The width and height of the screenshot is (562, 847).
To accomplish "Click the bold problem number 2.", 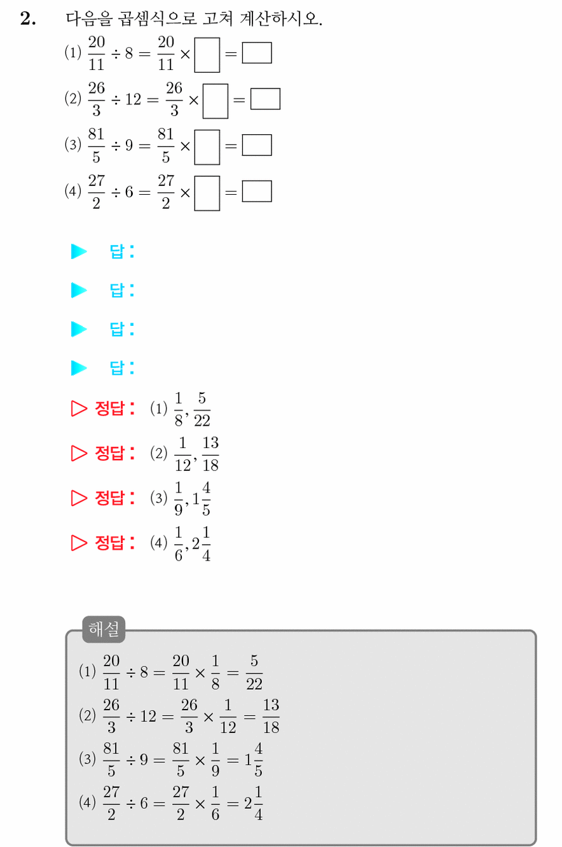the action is (x=28, y=18).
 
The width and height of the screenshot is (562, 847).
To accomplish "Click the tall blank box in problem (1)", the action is (x=207, y=55).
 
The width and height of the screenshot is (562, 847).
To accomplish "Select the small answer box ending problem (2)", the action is (x=266, y=99).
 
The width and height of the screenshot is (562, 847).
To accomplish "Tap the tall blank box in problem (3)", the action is (x=207, y=147).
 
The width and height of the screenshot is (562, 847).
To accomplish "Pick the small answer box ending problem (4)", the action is (x=257, y=192).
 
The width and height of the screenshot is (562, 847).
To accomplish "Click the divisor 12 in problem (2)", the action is (x=133, y=99).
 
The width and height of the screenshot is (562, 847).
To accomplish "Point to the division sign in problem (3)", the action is (x=116, y=146).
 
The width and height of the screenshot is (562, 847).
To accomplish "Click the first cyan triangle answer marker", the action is (x=79, y=251).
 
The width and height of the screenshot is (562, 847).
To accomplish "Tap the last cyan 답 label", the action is (x=117, y=368).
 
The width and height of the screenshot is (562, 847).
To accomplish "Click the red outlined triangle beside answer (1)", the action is (x=79, y=409).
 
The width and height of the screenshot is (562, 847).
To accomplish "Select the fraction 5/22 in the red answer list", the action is (x=202, y=410).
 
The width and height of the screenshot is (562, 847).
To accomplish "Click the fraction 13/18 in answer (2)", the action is (x=210, y=454).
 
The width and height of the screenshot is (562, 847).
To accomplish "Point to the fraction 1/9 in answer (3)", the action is (x=179, y=499).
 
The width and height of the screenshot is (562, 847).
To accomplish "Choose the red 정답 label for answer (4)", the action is (x=109, y=543).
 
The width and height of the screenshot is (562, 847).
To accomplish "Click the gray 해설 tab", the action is (x=104, y=629).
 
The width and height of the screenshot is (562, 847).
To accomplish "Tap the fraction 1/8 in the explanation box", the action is (x=216, y=673).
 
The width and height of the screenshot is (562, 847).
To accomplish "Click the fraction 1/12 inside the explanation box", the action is (x=228, y=717).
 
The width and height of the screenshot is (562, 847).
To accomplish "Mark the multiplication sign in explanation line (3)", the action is (x=200, y=760).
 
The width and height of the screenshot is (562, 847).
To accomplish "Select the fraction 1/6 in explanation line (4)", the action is (x=216, y=804).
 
